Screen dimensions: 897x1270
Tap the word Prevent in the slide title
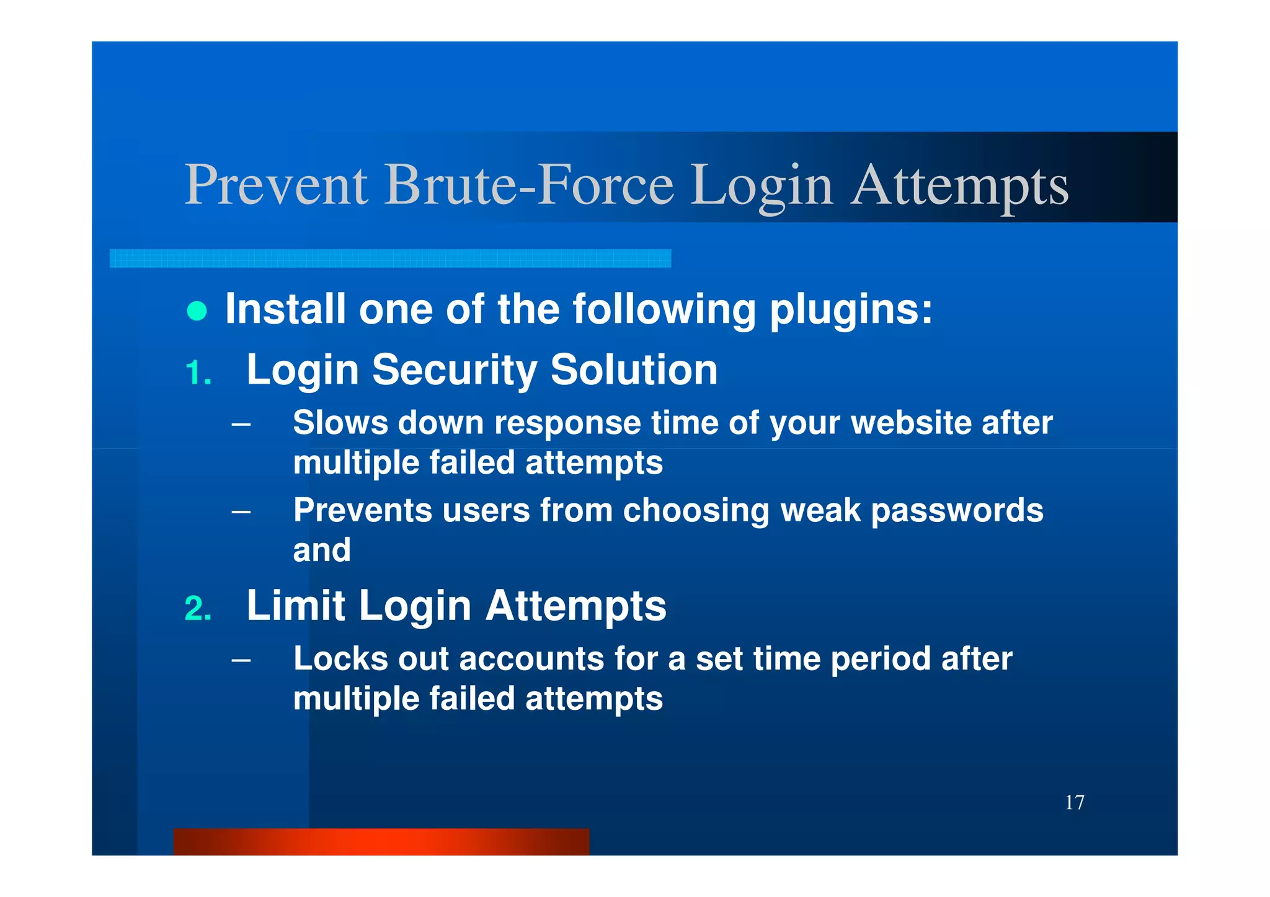[276, 184]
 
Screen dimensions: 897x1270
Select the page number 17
[1074, 802]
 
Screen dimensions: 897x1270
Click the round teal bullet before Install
[197, 311]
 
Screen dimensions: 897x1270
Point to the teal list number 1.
[198, 373]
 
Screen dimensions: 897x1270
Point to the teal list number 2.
[198, 609]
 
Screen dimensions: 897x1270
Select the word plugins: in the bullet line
[850, 309]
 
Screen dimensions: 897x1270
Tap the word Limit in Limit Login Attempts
[295, 606]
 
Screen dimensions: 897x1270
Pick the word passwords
[957, 511]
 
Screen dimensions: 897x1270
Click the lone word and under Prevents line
[321, 550]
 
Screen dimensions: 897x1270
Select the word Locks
[340, 658]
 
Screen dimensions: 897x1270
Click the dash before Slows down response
[241, 425]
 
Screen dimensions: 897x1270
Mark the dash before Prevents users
[241, 512]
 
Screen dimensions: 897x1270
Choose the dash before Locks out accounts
[241, 661]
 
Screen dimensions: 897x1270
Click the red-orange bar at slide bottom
[381, 841]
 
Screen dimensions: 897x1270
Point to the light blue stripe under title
[390, 258]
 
